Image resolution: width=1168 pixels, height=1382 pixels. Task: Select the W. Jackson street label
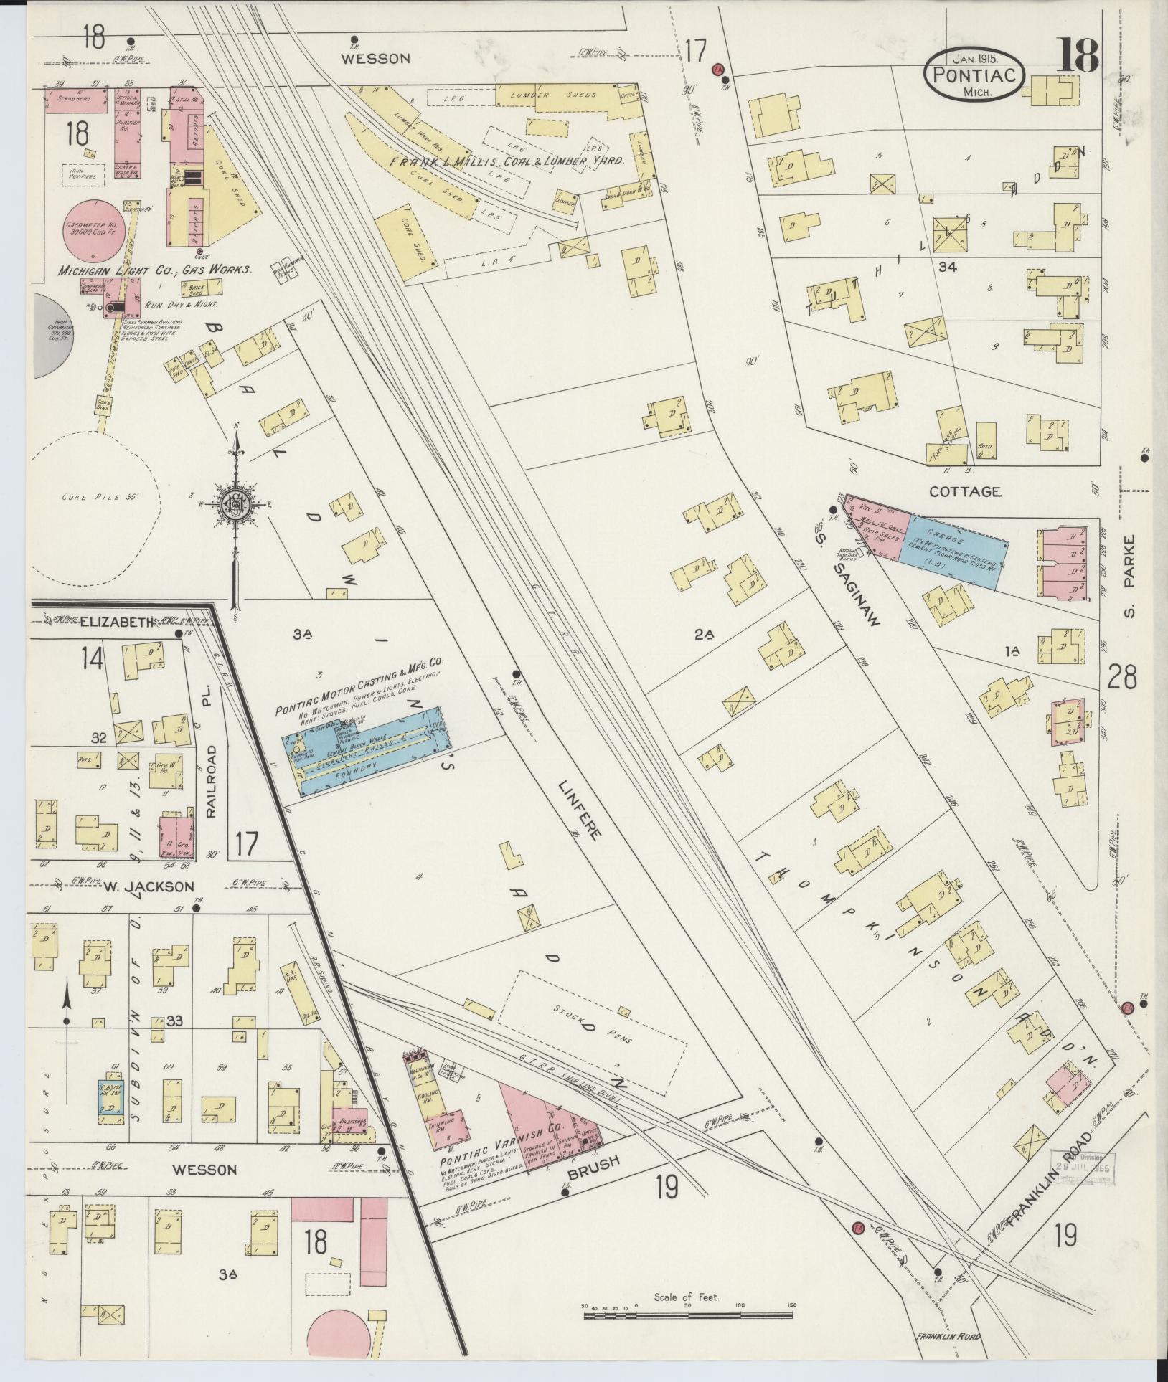coord(149,886)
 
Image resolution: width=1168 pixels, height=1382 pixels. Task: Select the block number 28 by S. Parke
coord(1121,677)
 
